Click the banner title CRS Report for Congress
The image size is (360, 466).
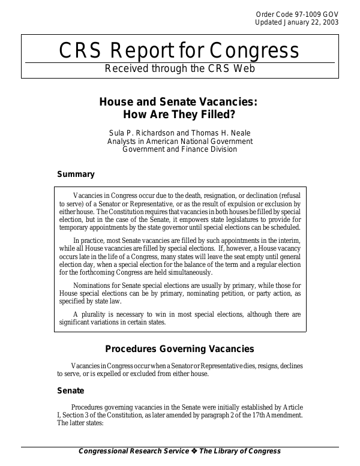[x=179, y=51]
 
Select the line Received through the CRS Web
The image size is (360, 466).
[x=179, y=68]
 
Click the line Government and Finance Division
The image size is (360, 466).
[x=179, y=149]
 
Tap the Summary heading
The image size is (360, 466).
[x=76, y=175]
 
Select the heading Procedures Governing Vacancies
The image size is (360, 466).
[x=179, y=349]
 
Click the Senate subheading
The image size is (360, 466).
[x=71, y=390]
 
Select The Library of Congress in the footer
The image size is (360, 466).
[x=240, y=452]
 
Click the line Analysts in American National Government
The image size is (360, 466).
[x=179, y=141]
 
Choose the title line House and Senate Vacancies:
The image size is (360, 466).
[x=179, y=102]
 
